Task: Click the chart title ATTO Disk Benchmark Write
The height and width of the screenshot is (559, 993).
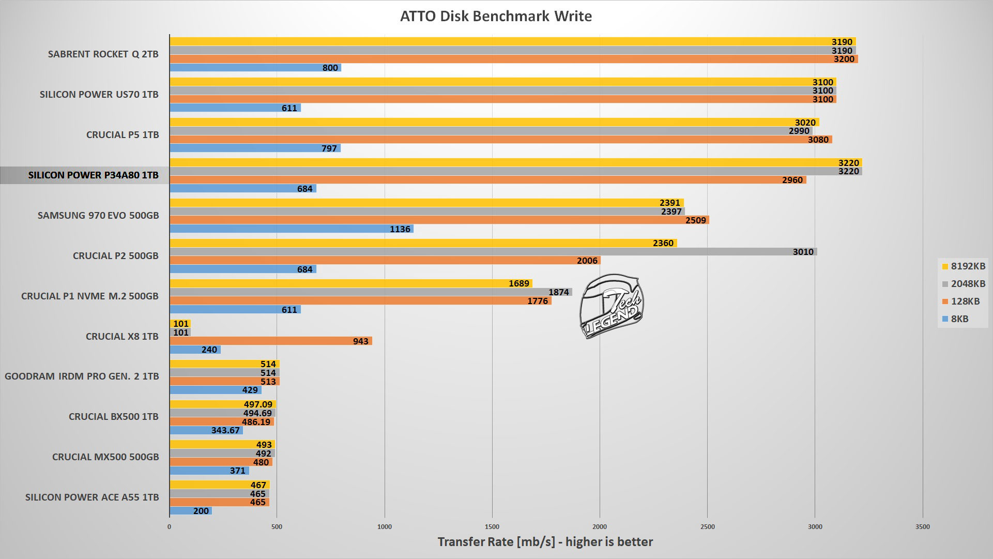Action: coord(496,16)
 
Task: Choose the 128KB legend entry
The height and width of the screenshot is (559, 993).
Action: coord(961,301)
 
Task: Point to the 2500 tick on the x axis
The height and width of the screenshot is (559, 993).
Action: coord(707,526)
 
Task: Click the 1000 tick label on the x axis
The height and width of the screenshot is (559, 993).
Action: coord(385,526)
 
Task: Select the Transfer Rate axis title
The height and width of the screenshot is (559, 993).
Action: coord(545,541)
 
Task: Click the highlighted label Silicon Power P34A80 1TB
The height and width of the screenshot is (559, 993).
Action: coord(93,175)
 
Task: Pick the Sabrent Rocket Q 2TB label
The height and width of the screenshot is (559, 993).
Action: coord(103,54)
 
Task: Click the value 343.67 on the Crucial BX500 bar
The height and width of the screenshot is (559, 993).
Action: coord(225,430)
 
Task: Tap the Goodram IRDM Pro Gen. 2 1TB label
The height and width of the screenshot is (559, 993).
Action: coord(82,376)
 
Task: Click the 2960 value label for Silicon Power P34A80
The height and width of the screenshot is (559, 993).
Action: coord(792,180)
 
